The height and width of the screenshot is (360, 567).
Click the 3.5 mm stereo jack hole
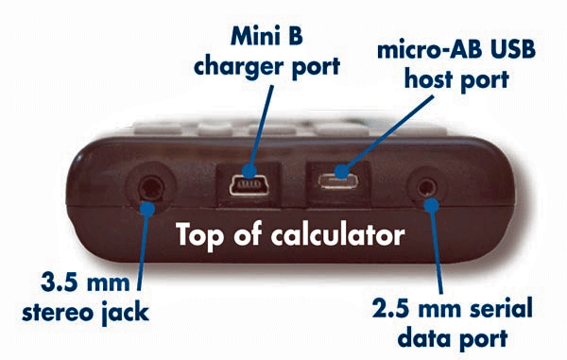click(151, 188)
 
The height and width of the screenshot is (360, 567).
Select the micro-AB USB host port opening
click(338, 180)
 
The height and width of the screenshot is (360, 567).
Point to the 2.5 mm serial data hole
click(427, 188)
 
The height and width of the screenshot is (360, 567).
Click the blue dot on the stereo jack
click(147, 209)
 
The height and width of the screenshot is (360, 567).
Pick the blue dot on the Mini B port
click(249, 171)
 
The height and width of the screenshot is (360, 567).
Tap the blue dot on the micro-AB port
click(341, 171)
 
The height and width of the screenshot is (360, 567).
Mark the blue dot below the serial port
click(432, 205)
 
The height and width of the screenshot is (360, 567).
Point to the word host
click(428, 79)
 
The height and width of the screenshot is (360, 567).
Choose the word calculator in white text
click(337, 234)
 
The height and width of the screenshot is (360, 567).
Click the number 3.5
click(59, 282)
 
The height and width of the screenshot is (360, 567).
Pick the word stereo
click(58, 313)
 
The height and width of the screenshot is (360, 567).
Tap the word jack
click(126, 313)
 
